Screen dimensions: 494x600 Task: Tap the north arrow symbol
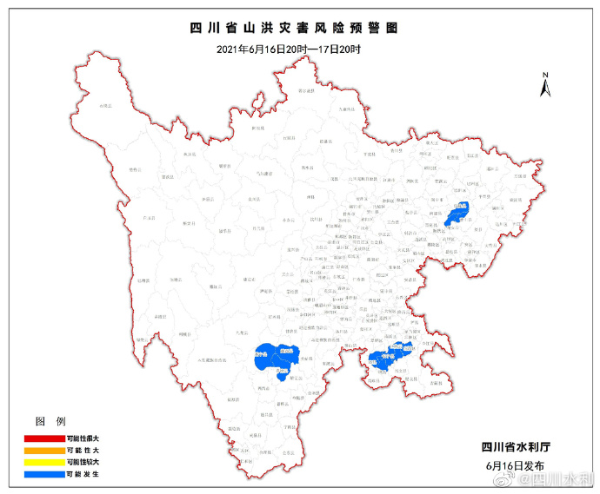pyautogui.click(x=544, y=86)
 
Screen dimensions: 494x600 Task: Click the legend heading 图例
pyautogui.click(x=49, y=421)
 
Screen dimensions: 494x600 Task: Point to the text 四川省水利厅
pyautogui.click(x=516, y=447)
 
